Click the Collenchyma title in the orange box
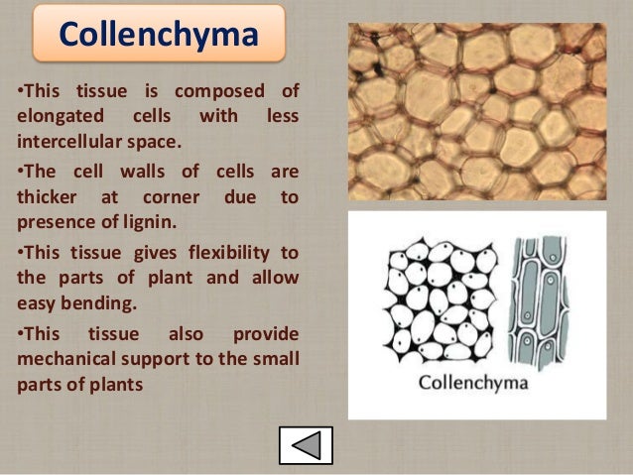pos(159,35)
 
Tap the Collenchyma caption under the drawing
pos(473,382)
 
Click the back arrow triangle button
pos(306,445)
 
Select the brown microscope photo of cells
pos(476,111)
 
